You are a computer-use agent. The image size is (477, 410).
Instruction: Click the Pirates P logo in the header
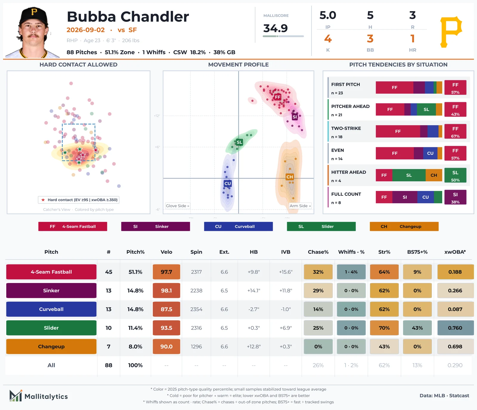(451, 32)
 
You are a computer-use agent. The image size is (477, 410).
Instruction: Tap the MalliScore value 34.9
(275, 28)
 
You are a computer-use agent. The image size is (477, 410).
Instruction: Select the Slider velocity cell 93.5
(166, 328)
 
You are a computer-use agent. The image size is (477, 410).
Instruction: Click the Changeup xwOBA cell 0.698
(455, 346)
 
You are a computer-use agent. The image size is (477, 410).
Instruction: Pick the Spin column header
(196, 252)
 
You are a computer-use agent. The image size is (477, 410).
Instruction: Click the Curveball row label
(51, 309)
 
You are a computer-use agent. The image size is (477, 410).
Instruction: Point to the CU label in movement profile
(228, 183)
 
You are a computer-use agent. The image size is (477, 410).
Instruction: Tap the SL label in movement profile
(239, 142)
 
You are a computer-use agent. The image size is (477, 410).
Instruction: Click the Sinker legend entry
(155, 226)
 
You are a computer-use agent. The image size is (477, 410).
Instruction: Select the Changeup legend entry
(404, 226)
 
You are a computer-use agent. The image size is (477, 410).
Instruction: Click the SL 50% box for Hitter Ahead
(455, 175)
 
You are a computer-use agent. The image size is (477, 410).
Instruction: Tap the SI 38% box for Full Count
(455, 197)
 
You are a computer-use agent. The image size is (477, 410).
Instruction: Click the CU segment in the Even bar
(430, 153)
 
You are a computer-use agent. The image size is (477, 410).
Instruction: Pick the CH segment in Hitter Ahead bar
(434, 175)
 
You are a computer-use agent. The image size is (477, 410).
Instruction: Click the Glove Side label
(177, 206)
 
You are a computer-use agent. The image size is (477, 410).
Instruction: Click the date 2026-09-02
(86, 30)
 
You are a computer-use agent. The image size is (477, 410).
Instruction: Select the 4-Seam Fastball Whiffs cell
(351, 272)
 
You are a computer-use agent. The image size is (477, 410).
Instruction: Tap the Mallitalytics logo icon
(16, 396)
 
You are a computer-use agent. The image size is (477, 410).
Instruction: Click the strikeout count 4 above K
(328, 39)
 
